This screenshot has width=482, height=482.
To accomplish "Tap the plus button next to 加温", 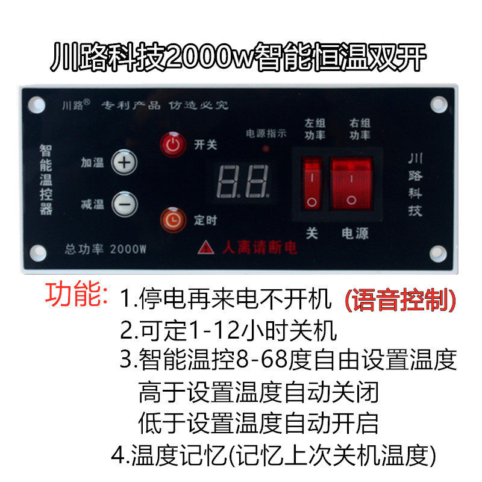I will click(125, 162).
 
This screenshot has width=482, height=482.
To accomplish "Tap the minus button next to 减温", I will click(125, 204).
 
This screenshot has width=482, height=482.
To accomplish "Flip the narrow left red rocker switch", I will click(311, 183).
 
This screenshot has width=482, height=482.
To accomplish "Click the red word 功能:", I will click(77, 295).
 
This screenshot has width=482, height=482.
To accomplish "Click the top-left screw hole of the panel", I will click(37, 105).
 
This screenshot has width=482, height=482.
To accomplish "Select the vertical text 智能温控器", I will click(46, 180).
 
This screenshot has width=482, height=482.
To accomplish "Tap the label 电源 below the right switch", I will click(355, 233).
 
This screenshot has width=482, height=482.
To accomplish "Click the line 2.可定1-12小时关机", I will click(228, 330).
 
